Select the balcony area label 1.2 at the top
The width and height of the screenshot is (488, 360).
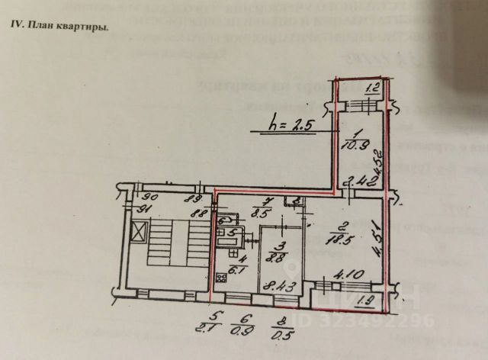[371, 88]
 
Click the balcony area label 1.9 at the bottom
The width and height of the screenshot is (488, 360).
[365, 301]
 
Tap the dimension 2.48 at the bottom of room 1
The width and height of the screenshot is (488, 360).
[357, 182]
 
